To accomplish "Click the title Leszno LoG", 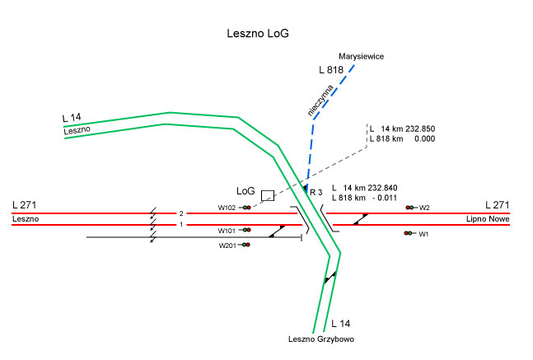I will click(258, 35).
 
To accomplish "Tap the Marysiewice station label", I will click(362, 56).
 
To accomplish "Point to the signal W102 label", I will click(227, 208).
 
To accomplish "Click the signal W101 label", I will click(227, 231).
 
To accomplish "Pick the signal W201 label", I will click(227, 245).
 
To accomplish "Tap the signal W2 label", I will click(424, 208).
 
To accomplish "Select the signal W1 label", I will click(424, 235).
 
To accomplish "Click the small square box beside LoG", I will click(267, 195).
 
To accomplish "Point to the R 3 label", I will click(316, 191).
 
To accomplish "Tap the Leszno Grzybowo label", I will click(321, 340).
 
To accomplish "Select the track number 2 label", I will click(180, 213).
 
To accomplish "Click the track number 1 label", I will click(180, 224).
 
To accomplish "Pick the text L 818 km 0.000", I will click(402, 140).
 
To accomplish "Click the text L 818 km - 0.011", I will click(365, 198).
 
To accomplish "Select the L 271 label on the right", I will click(498, 203).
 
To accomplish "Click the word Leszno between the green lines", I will click(76, 131).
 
